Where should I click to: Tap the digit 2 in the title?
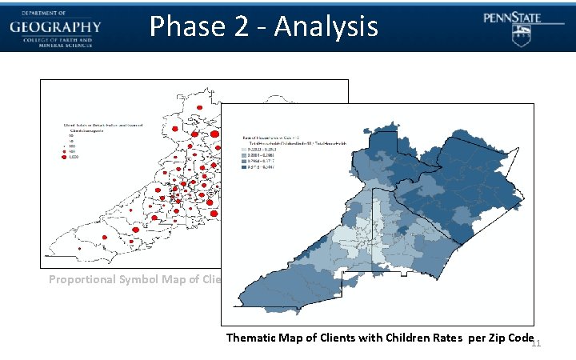click(x=238, y=26)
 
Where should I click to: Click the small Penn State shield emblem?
click(x=521, y=34)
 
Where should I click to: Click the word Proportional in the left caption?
click(x=82, y=279)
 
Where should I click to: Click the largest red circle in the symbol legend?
click(x=66, y=158)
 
